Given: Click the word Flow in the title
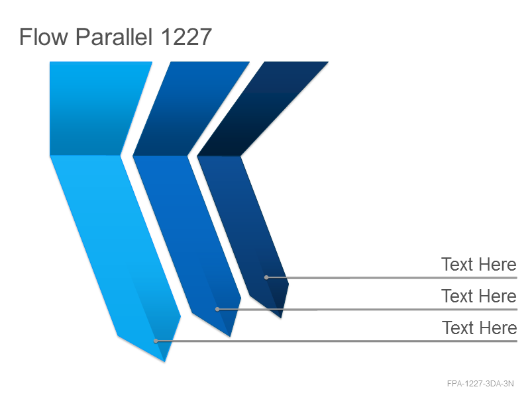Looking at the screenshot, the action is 43,36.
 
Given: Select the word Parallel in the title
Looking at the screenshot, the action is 114,36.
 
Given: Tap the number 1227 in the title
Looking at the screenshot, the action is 186,37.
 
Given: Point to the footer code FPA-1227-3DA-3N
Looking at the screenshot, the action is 480,384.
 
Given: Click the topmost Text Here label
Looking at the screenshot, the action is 478,264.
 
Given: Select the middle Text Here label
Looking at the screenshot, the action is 478,296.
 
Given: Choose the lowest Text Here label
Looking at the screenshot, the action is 479,328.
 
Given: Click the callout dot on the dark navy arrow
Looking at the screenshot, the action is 266,277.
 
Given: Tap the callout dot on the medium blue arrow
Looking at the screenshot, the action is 217,309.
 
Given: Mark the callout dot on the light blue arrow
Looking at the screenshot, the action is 156,341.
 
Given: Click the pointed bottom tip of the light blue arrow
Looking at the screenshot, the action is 164,361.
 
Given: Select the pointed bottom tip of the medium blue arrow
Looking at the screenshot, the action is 230,336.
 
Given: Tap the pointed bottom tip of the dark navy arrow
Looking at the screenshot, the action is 281,318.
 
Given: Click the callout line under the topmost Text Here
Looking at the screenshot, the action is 392,277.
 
